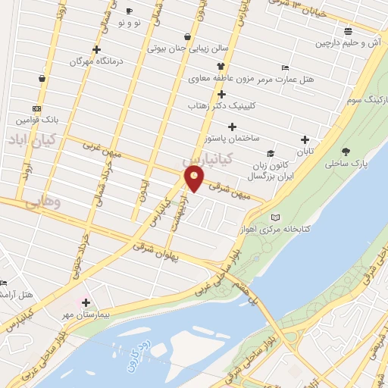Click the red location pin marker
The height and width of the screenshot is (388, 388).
coord(195,179)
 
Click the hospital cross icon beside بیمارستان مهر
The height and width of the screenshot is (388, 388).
coord(86,302)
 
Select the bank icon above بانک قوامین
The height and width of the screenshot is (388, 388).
coord(36,108)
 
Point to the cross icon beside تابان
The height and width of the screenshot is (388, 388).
coord(304,139)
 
